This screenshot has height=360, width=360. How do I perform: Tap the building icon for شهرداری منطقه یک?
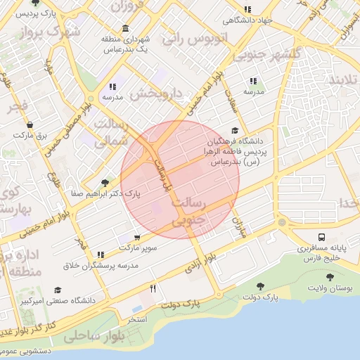pyautogui.click(x=124, y=29)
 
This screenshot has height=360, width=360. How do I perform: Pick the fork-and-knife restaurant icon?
pyautogui.click(x=153, y=288)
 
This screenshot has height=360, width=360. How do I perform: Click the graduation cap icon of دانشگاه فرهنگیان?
pyautogui.click(x=234, y=131)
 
